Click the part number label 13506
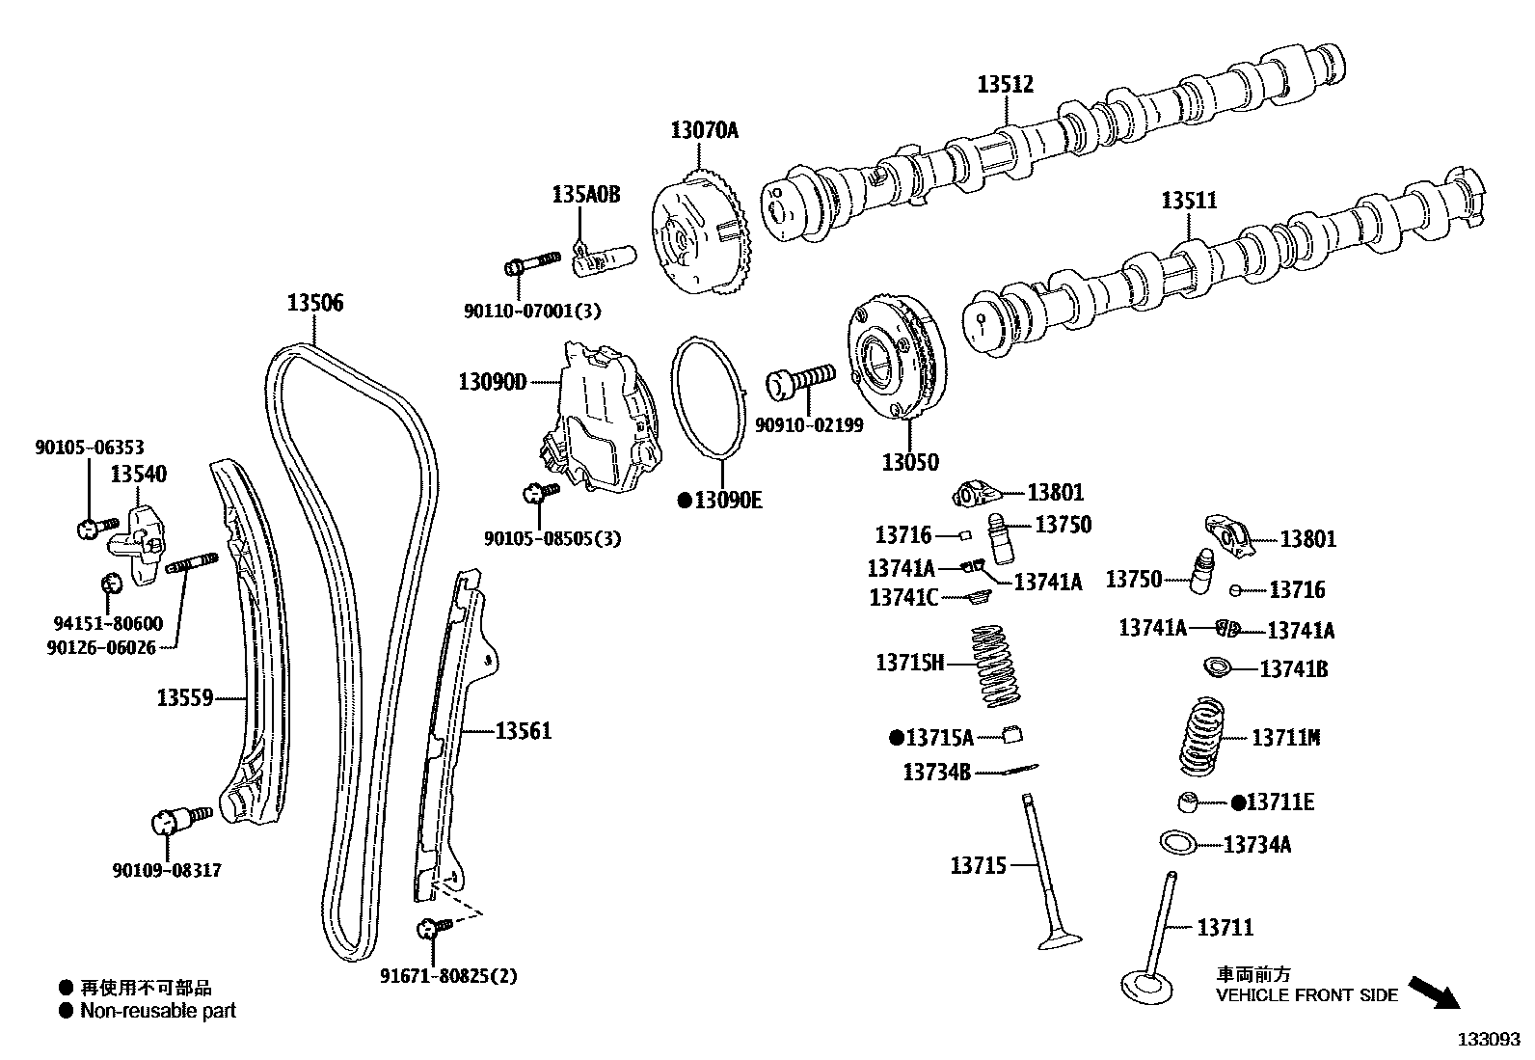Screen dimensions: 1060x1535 click(314, 304)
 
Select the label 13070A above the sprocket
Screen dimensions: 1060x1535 click(704, 130)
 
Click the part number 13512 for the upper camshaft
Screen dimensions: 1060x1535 click(1005, 85)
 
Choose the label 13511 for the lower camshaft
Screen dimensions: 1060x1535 click(1189, 201)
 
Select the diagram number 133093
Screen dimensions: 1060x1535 click(1488, 1040)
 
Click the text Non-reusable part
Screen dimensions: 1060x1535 click(158, 1011)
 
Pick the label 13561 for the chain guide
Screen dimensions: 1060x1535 click(524, 731)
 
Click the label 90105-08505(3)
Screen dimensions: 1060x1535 click(552, 539)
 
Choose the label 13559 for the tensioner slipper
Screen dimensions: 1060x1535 click(185, 696)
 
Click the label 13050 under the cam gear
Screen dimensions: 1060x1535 click(909, 462)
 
